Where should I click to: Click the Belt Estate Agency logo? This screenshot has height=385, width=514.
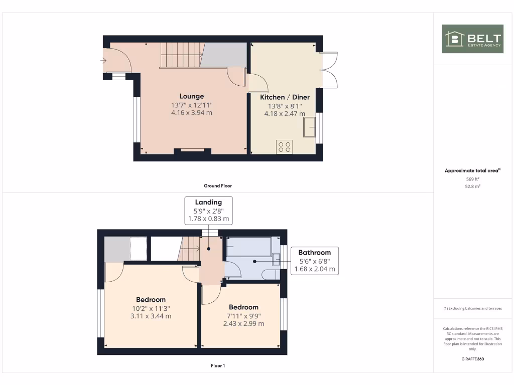pos(472,39)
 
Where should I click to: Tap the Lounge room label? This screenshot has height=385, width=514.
pos(192,96)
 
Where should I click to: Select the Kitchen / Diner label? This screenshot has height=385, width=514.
pos(285,97)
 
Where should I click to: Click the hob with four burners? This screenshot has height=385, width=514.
pos(284,146)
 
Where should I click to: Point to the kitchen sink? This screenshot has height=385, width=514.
pos(309,127)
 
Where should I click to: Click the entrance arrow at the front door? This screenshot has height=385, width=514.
pos(103,61)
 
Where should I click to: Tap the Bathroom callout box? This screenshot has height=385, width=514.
pos(314,261)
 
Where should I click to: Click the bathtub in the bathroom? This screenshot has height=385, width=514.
pos(249,247)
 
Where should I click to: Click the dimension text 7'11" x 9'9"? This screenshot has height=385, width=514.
pos(243,316)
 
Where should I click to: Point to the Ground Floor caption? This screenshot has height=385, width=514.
pos(218,185)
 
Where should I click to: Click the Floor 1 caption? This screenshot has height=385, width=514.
pos(218,366)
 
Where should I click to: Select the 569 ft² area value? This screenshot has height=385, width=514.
pos(472,178)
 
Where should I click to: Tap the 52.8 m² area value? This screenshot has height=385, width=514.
pos(472,186)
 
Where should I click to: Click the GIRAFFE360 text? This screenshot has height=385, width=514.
pos(472,359)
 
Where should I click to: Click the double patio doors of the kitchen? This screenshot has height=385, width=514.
pos(329,70)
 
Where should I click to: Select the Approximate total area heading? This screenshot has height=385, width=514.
pos(472,171)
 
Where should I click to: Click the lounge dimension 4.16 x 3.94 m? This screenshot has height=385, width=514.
pos(192,113)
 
